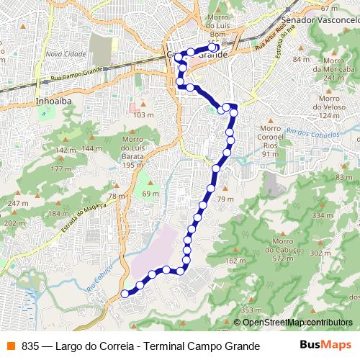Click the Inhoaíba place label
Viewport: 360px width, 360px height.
(x=52, y=102)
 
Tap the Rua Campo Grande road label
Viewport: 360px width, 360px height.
(x=77, y=76)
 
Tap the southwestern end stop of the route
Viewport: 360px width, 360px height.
(x=125, y=293)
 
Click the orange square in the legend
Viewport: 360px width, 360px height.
(x=9, y=346)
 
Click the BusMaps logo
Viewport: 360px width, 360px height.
(x=325, y=346)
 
